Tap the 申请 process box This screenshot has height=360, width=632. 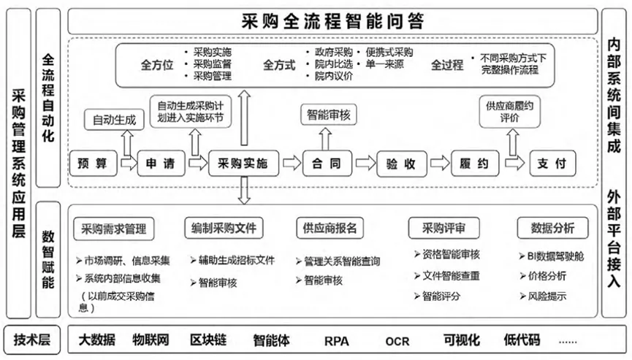[161, 164]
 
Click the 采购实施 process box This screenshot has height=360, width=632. [238, 164]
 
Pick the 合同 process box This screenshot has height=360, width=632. [327, 164]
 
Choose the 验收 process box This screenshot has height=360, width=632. [401, 164]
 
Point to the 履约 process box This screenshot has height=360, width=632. [475, 164]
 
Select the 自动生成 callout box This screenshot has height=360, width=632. [113, 119]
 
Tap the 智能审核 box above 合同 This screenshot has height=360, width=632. [327, 115]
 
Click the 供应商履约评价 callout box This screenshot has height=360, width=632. [509, 111]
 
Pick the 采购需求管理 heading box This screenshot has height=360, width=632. [113, 229]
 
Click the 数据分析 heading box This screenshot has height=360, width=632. [553, 229]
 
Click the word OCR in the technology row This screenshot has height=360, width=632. [397, 340]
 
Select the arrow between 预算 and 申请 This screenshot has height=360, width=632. [127, 164]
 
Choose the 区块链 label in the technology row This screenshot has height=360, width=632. [208, 340]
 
